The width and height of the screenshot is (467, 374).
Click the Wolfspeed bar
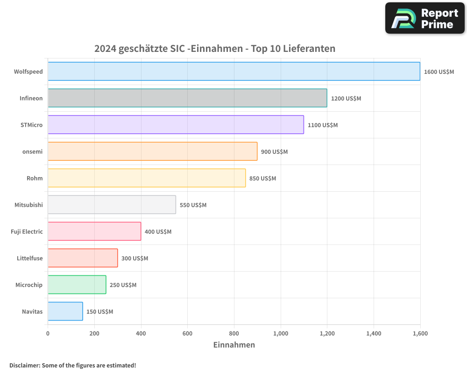pos(233,72)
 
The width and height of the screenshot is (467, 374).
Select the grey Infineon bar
pos(187,98)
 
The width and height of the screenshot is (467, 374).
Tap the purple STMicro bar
pos(176,125)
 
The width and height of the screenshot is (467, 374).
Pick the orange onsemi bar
pos(152,151)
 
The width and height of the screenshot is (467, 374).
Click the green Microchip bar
pos(77,285)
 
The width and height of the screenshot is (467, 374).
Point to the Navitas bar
pos(65,311)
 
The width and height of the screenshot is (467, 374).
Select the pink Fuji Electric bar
pos(94,231)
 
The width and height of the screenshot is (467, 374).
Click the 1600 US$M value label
pos(439,72)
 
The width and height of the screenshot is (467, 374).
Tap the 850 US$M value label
pos(262,179)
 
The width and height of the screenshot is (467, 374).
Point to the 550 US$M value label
pos(193,205)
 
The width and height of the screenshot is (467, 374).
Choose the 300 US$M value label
pos(134,259)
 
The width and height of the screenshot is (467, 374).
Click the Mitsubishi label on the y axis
pos(28,205)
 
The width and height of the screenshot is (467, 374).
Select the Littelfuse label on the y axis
pos(29,258)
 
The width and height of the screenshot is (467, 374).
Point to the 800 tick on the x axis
pos(234,333)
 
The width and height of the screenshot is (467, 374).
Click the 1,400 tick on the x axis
pos(374,333)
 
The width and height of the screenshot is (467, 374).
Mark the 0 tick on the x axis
pos(48,333)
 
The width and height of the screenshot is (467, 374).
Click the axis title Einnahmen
pos(234,345)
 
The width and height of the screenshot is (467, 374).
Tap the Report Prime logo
pos(425,18)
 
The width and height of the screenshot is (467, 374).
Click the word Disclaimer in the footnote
pos(24,366)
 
